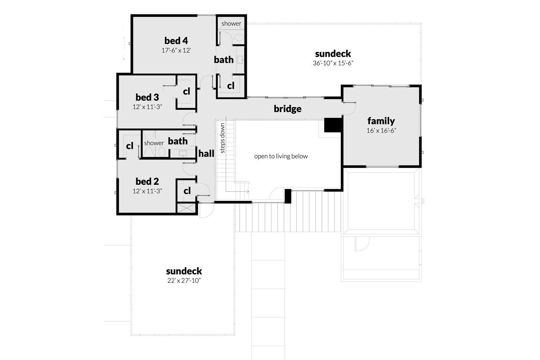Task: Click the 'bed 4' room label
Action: [176, 41]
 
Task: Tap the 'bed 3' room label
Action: [147, 97]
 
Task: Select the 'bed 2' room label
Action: [147, 181]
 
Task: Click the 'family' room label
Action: [381, 121]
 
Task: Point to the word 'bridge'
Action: [288, 109]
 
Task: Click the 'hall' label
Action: [206, 154]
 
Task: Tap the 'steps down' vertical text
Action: [222, 138]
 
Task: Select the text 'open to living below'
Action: [281, 156]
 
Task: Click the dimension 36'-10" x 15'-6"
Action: [333, 63]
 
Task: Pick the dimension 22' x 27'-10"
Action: [184, 281]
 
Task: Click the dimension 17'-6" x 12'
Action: [176, 50]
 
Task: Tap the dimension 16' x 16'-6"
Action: [381, 130]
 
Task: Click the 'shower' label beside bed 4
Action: [231, 24]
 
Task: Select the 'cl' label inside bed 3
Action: [186, 91]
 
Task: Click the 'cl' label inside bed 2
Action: [187, 191]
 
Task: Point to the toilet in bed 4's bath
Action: [239, 38]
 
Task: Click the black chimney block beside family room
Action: [332, 125]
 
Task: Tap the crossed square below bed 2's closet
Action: [187, 208]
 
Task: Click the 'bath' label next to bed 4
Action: [224, 60]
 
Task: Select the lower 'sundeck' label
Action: [184, 271]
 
